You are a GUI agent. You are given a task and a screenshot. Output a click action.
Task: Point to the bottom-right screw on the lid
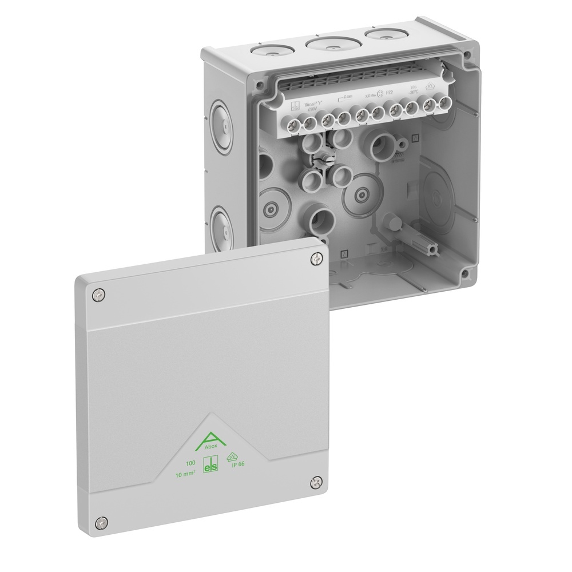pyautogui.click(x=315, y=484)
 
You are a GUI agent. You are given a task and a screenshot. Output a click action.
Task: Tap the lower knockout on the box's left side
pyautogui.click(x=223, y=225)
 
